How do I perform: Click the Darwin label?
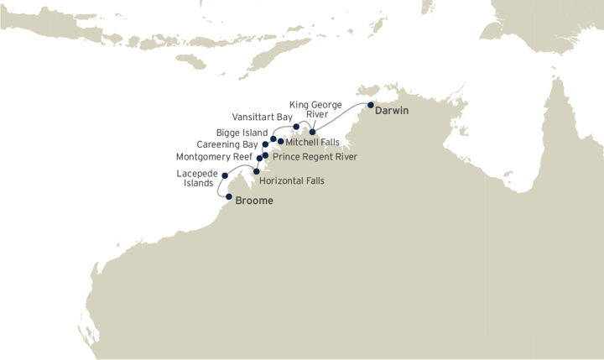click(x=392, y=110)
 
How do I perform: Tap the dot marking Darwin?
click(x=371, y=106)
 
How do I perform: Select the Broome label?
click(x=254, y=201)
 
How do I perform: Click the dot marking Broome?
click(x=229, y=197)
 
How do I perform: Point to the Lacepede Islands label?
click(x=197, y=178)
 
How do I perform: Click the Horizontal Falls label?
click(x=292, y=180)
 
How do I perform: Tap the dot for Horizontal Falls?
click(x=256, y=171)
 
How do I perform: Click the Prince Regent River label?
click(x=315, y=156)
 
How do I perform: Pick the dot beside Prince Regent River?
click(x=265, y=155)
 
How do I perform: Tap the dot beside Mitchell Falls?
click(x=280, y=141)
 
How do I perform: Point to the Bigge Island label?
click(x=242, y=133)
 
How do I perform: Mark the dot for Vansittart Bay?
click(x=296, y=128)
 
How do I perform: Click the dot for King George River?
click(x=312, y=132)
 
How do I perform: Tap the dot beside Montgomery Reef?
click(x=260, y=158)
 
